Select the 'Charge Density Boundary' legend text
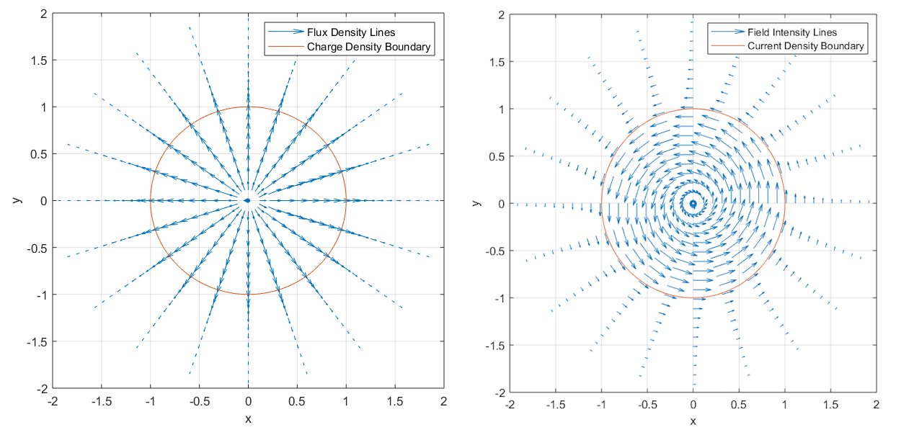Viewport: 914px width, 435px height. point(369,48)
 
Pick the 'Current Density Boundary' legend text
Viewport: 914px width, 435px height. point(806,46)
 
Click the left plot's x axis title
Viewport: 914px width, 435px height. point(248,418)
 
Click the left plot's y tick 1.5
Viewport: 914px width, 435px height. point(37,60)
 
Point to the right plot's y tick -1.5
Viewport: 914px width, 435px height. point(494,346)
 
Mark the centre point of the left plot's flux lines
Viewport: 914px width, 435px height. point(248,201)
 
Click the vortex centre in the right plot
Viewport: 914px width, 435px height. point(693,204)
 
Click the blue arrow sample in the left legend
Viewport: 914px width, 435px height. point(285,32)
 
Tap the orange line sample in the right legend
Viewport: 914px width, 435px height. point(727,46)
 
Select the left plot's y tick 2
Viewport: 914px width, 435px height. point(43,14)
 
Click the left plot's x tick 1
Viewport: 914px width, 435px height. point(346,401)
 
